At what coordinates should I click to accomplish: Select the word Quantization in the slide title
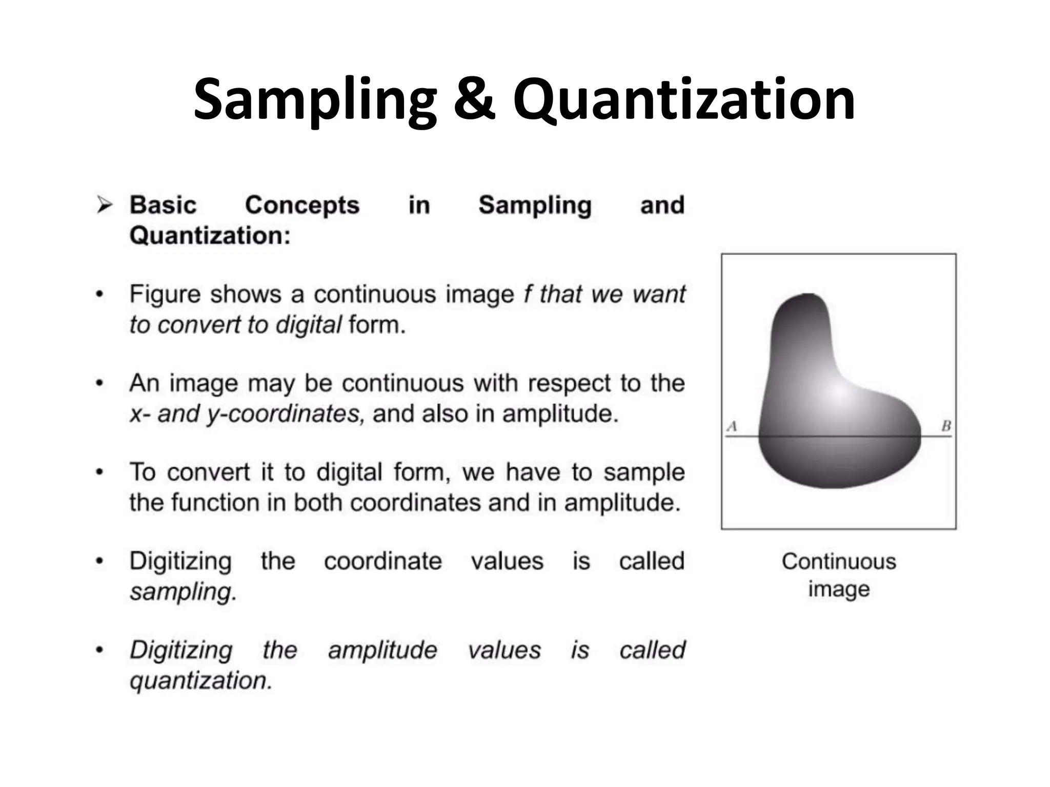coord(684,100)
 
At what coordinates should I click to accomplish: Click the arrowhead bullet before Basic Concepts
coord(105,206)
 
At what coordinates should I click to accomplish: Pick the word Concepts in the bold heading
coord(302,205)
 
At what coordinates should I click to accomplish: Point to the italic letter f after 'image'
coord(527,294)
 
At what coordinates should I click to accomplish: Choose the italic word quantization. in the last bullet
coord(200,681)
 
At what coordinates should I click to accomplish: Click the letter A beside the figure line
coord(732,426)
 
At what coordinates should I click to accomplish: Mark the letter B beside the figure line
coord(946,426)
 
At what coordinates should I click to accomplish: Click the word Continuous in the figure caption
coord(839,562)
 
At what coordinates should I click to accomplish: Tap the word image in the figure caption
coord(839,589)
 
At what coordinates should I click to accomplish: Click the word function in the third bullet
coord(215,503)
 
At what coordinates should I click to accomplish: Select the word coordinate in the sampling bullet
coord(382,561)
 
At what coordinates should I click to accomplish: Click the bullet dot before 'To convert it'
coord(100,472)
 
